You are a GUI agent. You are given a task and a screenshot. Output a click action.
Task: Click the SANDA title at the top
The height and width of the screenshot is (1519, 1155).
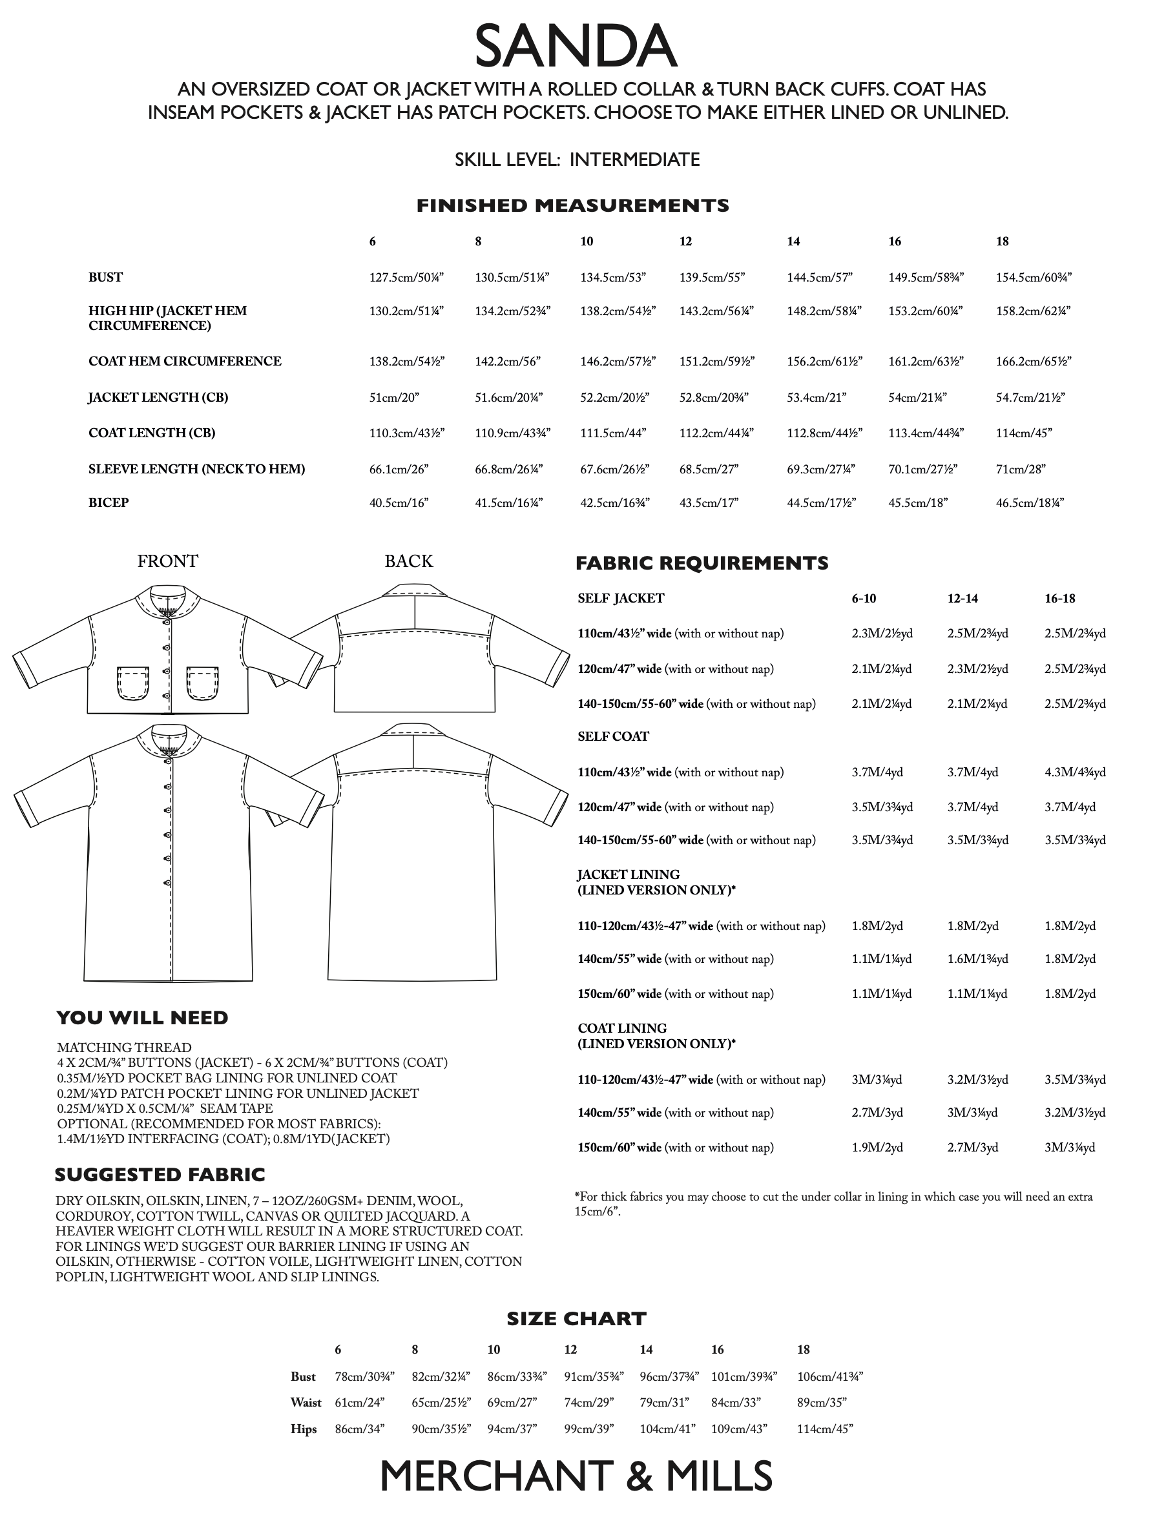point(576,46)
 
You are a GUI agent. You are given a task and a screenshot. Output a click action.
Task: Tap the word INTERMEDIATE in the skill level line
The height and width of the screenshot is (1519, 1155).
point(634,160)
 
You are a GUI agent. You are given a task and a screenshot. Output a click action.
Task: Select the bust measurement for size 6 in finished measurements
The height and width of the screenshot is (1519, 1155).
point(406,278)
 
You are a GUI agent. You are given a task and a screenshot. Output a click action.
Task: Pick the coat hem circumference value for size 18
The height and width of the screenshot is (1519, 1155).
point(1034,362)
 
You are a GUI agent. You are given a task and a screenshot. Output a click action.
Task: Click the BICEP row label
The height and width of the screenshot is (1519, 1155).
point(109,502)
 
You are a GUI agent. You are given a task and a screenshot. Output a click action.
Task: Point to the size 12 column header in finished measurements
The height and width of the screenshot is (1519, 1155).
point(685,242)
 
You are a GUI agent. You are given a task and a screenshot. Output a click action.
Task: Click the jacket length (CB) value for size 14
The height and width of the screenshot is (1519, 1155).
point(817,397)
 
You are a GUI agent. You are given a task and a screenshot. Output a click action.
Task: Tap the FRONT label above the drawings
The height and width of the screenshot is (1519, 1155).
point(167,561)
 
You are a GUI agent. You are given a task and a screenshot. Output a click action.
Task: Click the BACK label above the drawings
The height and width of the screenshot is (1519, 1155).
point(408,561)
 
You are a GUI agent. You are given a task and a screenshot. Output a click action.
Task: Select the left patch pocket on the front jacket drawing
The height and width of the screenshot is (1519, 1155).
point(132,683)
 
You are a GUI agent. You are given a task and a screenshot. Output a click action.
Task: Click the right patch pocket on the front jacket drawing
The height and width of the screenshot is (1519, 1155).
point(203,683)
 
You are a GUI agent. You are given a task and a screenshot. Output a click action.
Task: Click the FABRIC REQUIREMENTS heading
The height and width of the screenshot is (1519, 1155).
point(702,564)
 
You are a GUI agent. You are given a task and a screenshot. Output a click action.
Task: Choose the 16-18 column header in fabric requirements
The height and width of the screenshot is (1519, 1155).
point(1059,599)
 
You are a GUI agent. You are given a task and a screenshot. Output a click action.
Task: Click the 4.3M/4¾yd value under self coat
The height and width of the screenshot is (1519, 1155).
point(1074,772)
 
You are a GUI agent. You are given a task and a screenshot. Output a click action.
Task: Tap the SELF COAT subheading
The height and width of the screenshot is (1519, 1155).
point(613,737)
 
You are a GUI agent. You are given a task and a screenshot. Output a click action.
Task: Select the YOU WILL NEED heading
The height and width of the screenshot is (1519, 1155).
point(141,1018)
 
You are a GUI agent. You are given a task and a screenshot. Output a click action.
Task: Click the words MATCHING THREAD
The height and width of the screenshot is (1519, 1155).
point(124,1048)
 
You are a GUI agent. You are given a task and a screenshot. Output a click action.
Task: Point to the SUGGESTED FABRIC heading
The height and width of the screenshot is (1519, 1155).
point(160,1175)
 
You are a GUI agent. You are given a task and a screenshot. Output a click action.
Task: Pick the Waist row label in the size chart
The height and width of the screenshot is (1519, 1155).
point(306,1403)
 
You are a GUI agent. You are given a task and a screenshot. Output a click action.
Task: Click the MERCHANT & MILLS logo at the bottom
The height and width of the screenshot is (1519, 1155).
point(576,1476)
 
